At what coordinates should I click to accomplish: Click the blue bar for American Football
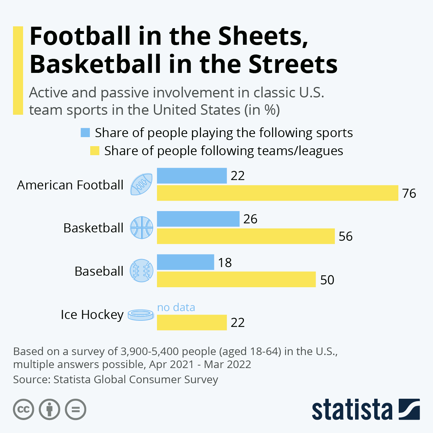tap(192, 176)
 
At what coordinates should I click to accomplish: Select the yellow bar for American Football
tap(277, 193)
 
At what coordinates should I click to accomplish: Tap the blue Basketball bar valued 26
tap(198, 219)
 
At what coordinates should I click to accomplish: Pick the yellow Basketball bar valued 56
tap(246, 236)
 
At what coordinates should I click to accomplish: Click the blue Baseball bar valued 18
tap(185, 262)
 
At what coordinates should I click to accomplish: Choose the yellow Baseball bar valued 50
tap(236, 280)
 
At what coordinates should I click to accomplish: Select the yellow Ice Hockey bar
tap(192, 322)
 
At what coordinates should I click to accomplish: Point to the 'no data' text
tap(176, 307)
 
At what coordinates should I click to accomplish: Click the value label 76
tap(409, 193)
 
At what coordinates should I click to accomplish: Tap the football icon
tap(141, 184)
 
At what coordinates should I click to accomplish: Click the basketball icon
tap(141, 228)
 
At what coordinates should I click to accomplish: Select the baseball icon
tap(141, 271)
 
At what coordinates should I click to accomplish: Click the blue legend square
tap(85, 133)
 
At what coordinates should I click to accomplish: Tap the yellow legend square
tap(95, 150)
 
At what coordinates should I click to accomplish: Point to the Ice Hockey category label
tap(92, 315)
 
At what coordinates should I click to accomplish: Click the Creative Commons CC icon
tap(23, 410)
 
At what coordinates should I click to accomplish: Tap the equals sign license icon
tap(76, 410)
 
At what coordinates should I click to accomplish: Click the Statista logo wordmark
tap(352, 410)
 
